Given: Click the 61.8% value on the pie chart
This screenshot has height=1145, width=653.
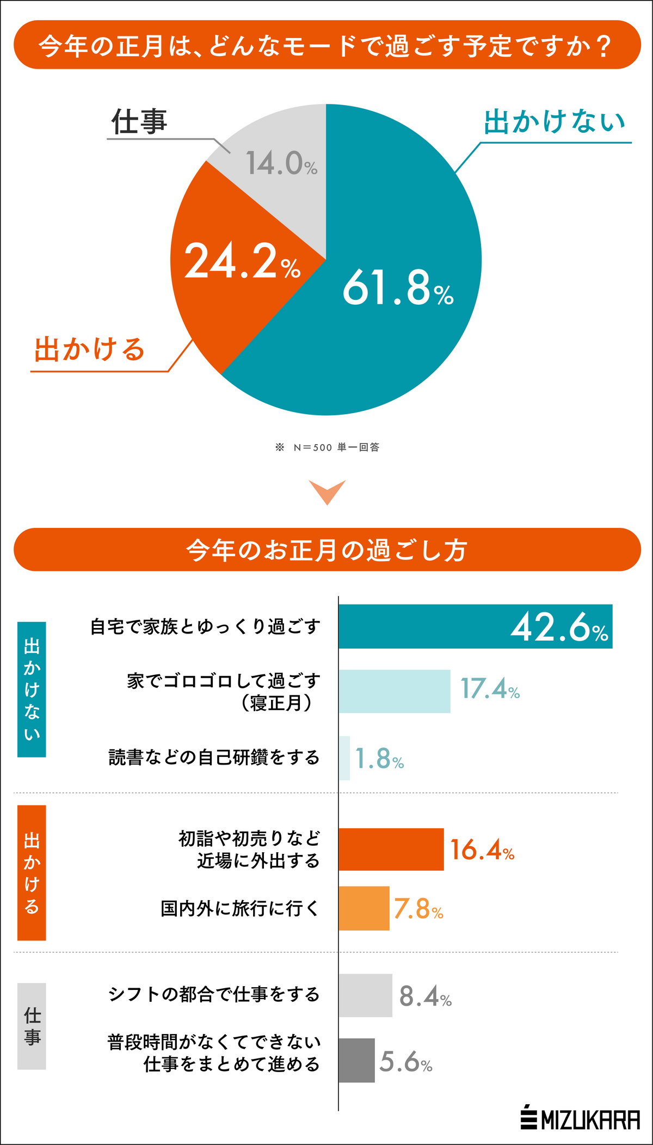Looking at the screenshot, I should pos(398,288).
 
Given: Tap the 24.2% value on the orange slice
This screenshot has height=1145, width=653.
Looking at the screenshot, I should pos(242,262).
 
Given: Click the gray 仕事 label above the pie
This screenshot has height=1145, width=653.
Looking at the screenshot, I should pos(139,121).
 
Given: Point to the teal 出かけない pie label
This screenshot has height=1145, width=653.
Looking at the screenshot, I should pos(555,121).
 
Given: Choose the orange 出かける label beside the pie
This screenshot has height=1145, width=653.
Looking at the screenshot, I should pos(90,349).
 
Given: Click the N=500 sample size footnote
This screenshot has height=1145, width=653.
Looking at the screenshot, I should pos(327,447).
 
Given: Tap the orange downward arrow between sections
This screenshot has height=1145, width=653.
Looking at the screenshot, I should pos(327,491).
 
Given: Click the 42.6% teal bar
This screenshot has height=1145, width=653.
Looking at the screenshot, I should pos(475,626).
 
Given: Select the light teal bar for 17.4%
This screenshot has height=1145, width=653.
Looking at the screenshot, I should pos(395,691).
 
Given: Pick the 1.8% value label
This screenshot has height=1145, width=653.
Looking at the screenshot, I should pos(379,759).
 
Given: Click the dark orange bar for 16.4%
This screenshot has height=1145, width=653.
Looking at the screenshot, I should pos(391,849).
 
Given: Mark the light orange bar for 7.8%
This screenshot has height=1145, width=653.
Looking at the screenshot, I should pos(364,908).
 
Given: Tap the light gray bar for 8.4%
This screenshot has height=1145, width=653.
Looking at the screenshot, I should pos(365,995).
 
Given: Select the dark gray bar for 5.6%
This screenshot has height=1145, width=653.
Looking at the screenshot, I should pos(356,1060).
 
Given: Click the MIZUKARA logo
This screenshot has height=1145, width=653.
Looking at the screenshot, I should pos(580,1119).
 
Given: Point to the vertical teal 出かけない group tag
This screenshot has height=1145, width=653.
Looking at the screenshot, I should pos(32,690).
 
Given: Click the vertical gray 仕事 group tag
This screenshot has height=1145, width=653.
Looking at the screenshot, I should pos(32,1026).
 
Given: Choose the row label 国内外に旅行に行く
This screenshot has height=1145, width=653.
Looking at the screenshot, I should pos(240,908).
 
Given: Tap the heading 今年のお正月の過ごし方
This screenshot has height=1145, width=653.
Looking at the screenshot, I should pos(327,550).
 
